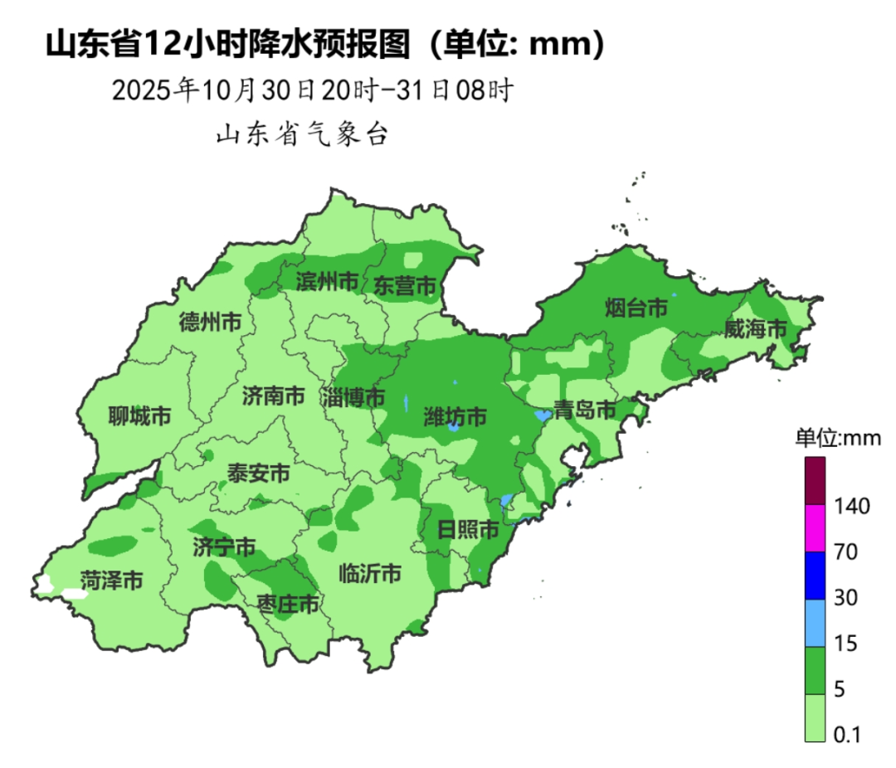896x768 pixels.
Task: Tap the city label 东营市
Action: (x=404, y=286)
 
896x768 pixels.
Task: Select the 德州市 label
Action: (x=211, y=323)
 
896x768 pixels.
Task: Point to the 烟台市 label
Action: (x=636, y=309)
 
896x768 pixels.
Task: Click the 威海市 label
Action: (x=755, y=329)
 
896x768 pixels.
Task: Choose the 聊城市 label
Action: (x=139, y=416)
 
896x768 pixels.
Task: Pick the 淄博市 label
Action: (x=354, y=397)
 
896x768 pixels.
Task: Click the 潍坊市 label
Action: (x=455, y=416)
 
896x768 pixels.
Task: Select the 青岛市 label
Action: (x=586, y=410)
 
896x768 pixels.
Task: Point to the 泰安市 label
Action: (x=259, y=474)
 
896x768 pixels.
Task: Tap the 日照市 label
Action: (x=468, y=529)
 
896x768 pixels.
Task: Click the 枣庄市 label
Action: (x=288, y=603)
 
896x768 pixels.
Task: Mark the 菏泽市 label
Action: (x=111, y=580)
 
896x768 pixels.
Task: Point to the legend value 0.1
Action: (x=847, y=735)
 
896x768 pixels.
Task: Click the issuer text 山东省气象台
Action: (x=302, y=134)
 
